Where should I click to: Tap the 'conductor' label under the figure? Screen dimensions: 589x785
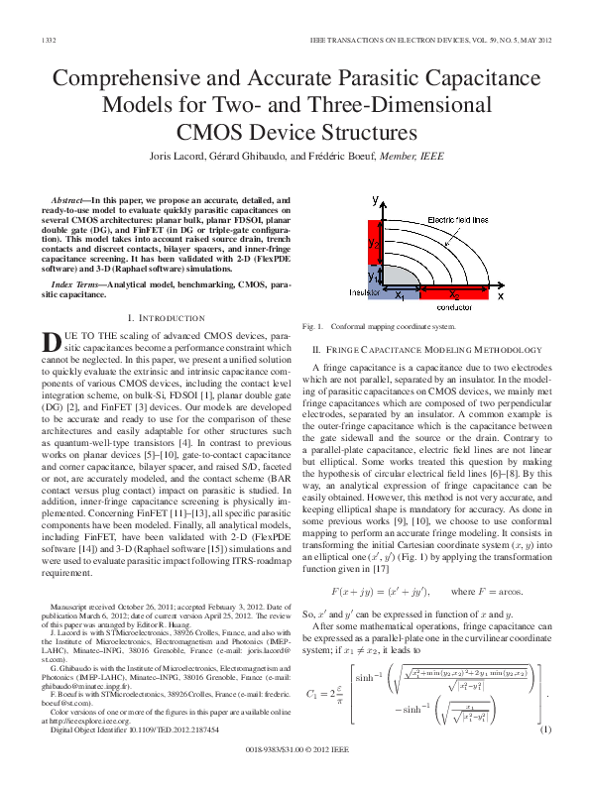(x=454, y=308)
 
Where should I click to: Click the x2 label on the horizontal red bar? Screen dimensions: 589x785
(x=454, y=294)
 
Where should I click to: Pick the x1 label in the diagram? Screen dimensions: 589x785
(x=399, y=294)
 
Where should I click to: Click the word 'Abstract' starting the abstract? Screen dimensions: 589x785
(x=73, y=200)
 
